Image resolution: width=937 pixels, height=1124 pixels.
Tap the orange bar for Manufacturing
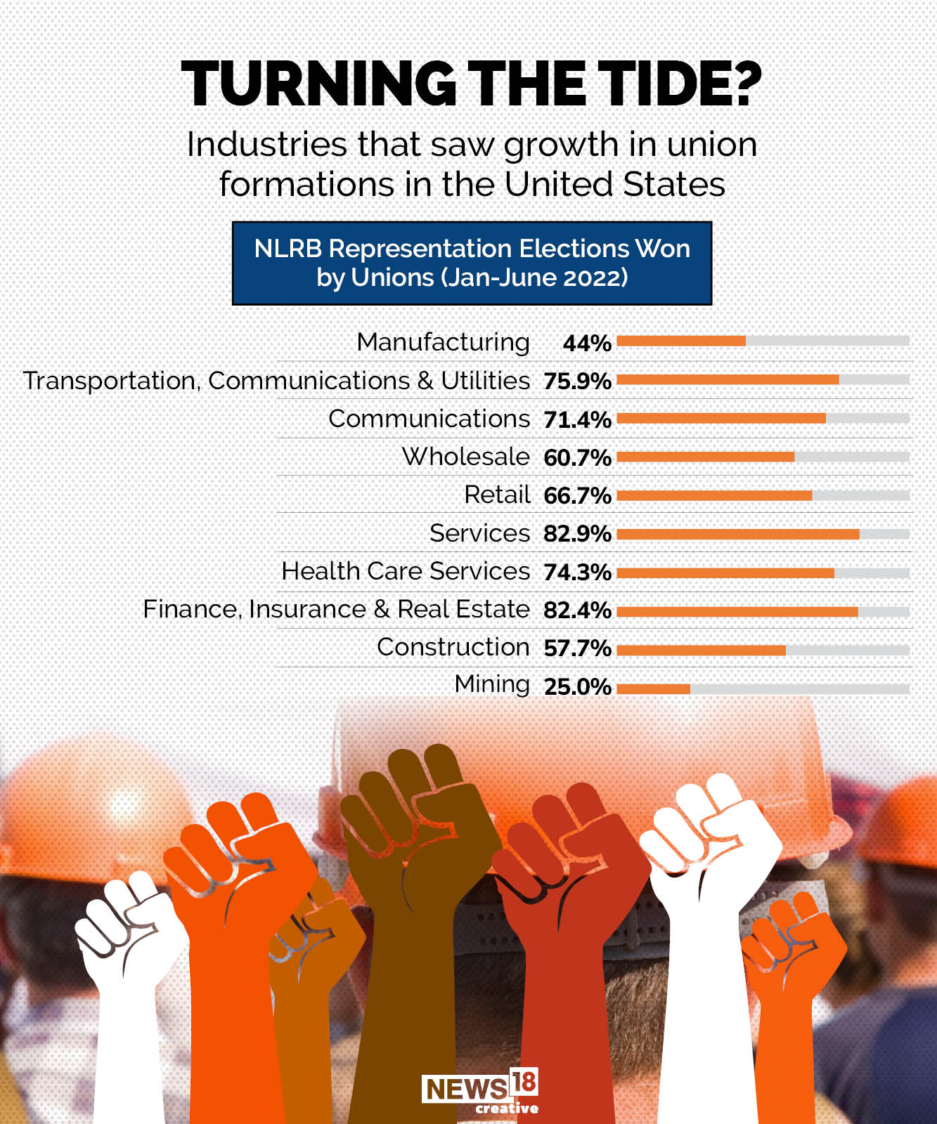click(681, 341)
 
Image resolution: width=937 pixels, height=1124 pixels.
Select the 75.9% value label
click(577, 381)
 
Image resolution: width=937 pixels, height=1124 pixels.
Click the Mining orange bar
click(654, 688)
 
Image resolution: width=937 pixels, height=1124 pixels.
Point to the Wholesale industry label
click(465, 457)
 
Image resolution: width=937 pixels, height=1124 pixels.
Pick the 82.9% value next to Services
click(577, 534)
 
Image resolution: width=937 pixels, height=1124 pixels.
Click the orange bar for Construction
click(701, 651)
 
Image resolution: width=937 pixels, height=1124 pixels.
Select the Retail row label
click(497, 495)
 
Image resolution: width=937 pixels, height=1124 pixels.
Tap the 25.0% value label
click(577, 686)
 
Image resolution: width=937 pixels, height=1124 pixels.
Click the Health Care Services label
click(406, 571)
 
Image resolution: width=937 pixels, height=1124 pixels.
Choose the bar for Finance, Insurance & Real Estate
click(737, 612)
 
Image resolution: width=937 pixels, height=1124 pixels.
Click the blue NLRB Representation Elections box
click(472, 263)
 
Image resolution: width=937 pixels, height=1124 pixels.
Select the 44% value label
click(587, 343)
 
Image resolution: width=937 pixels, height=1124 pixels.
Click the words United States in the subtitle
click(614, 184)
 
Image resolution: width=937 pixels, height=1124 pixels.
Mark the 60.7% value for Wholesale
click(577, 457)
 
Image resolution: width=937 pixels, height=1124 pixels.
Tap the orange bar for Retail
click(714, 495)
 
